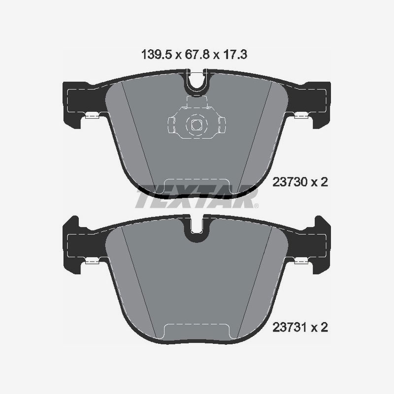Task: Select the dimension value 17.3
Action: [235, 55]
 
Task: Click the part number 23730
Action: [288, 182]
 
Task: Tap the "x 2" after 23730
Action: [319, 182]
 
